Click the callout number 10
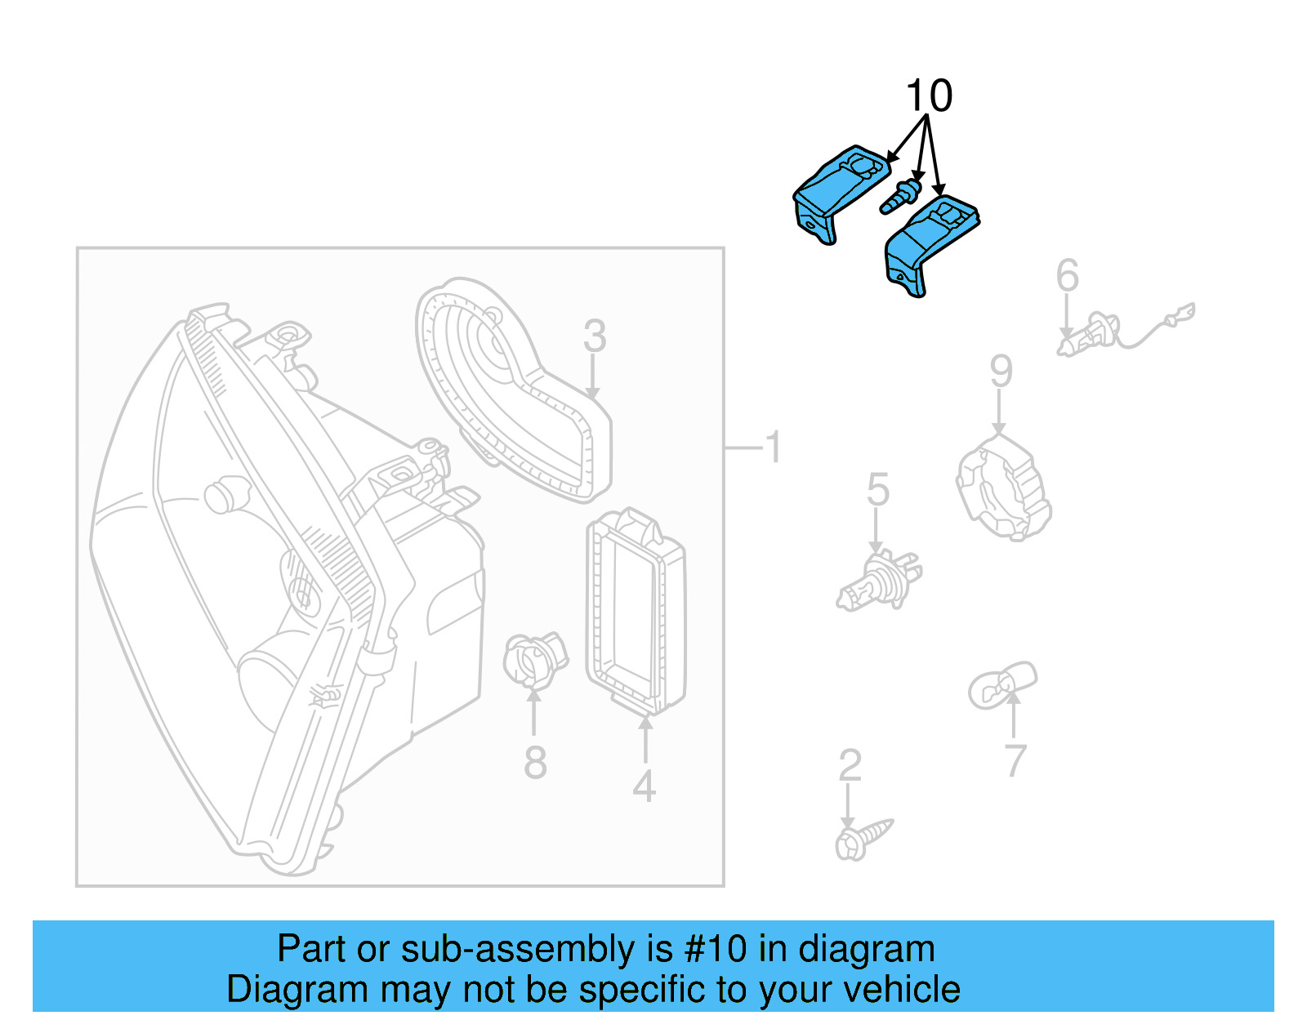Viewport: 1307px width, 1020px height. tap(929, 96)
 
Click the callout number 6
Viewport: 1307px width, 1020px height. tap(1067, 276)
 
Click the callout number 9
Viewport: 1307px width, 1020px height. tap(1001, 372)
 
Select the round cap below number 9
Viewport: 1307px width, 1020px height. tap(1003, 489)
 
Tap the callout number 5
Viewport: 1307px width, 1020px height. tap(877, 490)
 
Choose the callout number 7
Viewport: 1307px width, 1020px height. tap(1014, 761)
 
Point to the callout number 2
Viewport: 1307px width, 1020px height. tap(850, 766)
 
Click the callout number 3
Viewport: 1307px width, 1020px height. tap(595, 336)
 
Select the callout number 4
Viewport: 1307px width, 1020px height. tap(645, 786)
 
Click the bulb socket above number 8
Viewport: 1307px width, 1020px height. tap(533, 659)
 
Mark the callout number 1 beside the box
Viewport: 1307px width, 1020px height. tap(773, 448)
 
